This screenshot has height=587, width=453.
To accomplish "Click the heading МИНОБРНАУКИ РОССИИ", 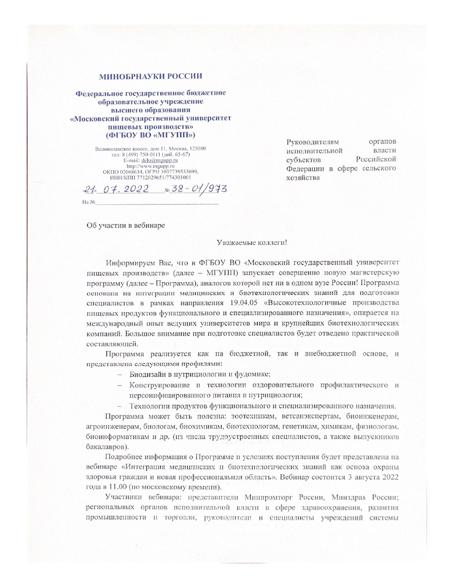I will pos(151,76).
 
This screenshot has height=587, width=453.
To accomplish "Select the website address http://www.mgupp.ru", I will pos(151,166).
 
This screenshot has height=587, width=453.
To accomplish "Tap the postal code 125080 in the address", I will pos(197,149).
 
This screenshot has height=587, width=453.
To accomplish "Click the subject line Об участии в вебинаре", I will pos(126,225).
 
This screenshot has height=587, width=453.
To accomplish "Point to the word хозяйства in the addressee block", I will pos(303,177).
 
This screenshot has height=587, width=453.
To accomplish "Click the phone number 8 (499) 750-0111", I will pos(142,155).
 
